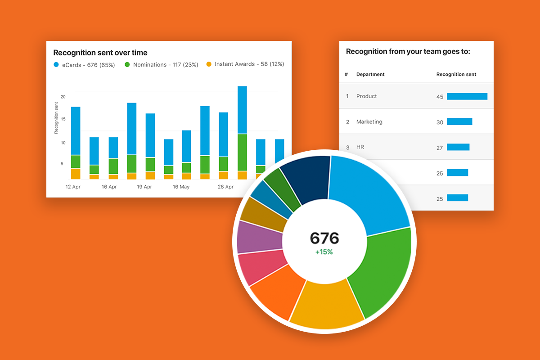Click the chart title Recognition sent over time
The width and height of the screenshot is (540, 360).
(100, 53)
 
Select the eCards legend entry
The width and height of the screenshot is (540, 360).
(84, 65)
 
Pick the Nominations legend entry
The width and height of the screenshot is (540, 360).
(161, 65)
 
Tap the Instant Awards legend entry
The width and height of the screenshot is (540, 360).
(245, 64)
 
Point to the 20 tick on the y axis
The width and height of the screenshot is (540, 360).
(63, 97)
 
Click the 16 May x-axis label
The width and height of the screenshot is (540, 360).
(181, 187)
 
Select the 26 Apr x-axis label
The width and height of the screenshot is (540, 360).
(225, 187)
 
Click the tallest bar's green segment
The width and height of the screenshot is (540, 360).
(242, 152)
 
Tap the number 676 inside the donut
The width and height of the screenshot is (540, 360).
(324, 238)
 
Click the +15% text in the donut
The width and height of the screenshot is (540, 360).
(324, 252)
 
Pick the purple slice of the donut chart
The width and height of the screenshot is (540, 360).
(259, 236)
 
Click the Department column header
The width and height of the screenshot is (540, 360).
(370, 74)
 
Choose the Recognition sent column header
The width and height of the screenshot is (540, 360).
(456, 74)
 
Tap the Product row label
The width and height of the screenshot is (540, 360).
(366, 96)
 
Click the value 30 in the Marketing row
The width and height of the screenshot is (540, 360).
(440, 122)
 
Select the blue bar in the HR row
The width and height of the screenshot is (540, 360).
(458, 147)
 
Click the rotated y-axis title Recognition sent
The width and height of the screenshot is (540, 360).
(56, 118)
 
